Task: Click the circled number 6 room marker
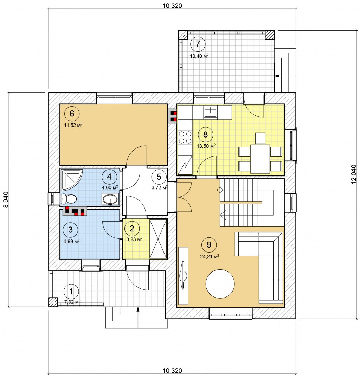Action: (72, 113)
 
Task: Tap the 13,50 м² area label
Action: (206, 146)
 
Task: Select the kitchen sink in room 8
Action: (211, 111)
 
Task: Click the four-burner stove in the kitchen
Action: (185, 137)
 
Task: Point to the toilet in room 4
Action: (69, 199)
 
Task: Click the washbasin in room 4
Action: (110, 199)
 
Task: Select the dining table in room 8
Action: (260, 159)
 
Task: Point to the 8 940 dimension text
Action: (6, 199)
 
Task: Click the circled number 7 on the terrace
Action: (198, 44)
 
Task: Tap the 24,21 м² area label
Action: (210, 256)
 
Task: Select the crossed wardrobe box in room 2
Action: (158, 238)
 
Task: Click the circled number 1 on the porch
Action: (71, 292)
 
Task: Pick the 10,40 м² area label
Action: (199, 56)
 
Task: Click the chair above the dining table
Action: (260, 138)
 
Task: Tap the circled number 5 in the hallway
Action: (159, 177)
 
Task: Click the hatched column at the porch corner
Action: (53, 302)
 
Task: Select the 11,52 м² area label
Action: (73, 125)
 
